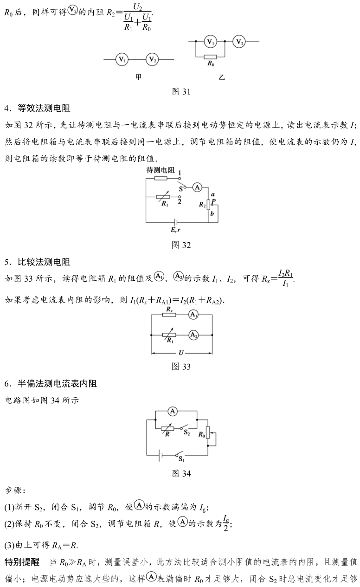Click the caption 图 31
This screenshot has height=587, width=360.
point(181,91)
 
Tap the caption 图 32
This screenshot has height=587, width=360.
point(181,245)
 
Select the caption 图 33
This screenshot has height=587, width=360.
point(181,367)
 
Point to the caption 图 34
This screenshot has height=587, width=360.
point(181,473)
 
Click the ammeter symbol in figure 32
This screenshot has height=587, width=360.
point(197,187)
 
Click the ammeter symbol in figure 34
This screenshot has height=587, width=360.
point(173,411)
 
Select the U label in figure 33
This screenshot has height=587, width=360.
point(181,353)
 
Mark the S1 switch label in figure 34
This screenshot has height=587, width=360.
point(181,459)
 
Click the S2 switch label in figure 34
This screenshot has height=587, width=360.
point(186,432)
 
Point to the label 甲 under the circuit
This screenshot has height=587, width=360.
point(138,77)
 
